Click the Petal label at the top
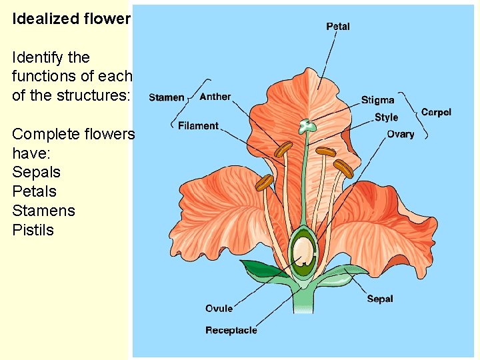point(338,27)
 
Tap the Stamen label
point(166,97)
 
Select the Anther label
point(215,97)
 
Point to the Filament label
point(198,125)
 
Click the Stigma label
point(377,100)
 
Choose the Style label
point(386,117)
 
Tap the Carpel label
point(436,112)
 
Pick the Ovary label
point(400,134)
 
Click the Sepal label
point(380,299)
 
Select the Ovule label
point(219,308)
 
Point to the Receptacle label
point(231,330)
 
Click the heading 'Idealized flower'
point(71,19)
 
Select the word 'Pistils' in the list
point(33,231)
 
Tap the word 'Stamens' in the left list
point(43,211)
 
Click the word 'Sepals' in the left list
point(36,173)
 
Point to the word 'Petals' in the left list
point(34,192)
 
